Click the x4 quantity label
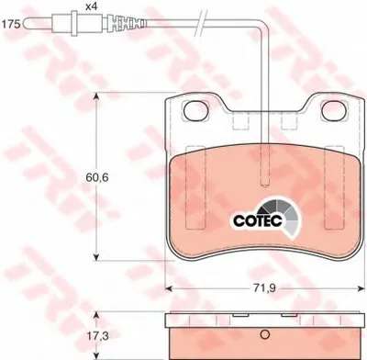point(90,7)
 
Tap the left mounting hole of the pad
point(195,111)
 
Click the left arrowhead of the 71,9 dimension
point(169,288)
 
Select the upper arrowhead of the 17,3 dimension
point(95,317)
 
